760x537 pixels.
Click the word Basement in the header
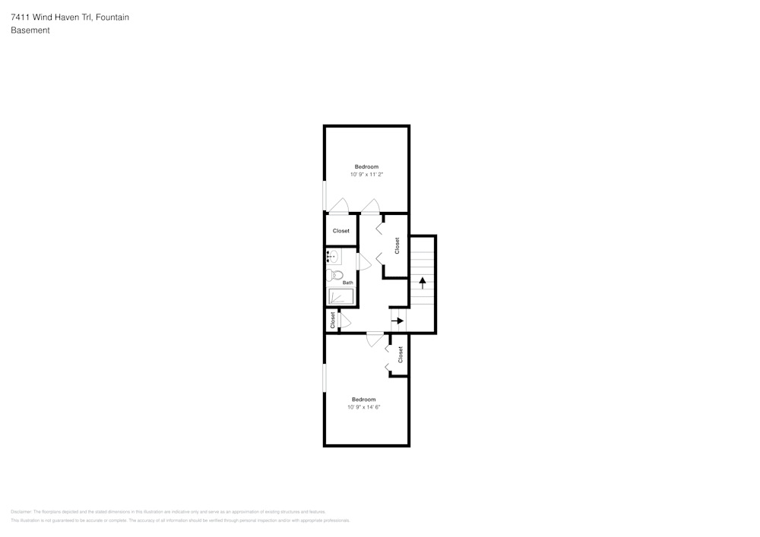30,30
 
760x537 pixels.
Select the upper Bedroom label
366,166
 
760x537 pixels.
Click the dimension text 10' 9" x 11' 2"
366,175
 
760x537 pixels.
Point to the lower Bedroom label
363,400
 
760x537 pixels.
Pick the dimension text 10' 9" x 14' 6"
363,407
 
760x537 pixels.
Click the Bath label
347,283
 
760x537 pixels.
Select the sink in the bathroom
334,257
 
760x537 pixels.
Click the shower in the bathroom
340,296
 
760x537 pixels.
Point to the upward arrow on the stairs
423,282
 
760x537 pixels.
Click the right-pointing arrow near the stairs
397,321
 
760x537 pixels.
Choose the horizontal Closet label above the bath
341,231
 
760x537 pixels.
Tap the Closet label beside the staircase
397,245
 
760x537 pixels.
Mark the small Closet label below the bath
332,320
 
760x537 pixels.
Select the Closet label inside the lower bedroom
401,355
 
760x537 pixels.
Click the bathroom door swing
363,262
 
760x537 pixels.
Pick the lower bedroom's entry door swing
375,340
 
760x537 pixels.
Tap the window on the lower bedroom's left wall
325,377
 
